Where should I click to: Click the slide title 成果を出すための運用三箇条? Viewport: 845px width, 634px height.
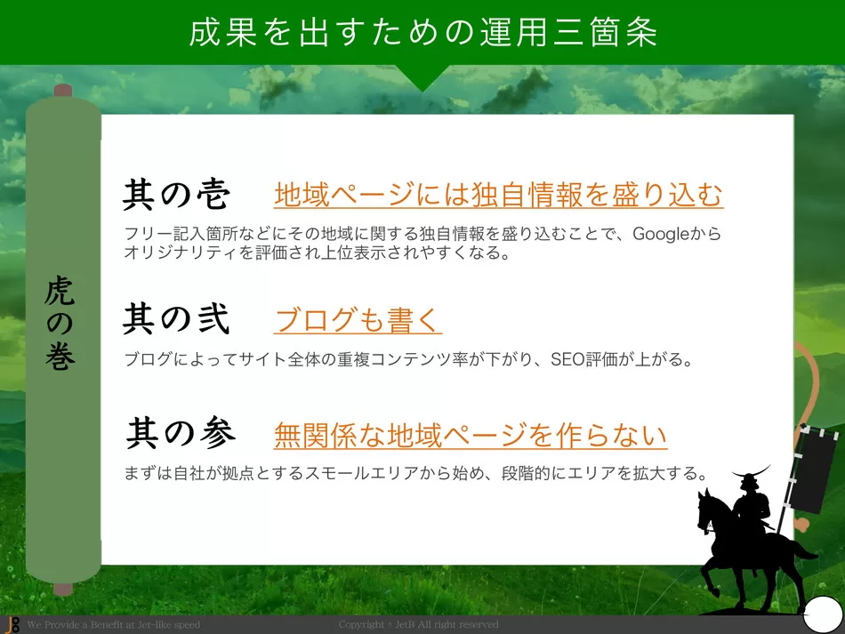point(423,32)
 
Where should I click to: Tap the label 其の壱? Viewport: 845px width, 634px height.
point(177,194)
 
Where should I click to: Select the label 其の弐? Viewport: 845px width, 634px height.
point(177,318)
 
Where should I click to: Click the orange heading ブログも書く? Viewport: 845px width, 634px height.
point(358,320)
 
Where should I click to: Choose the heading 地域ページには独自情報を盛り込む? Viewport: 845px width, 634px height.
point(498,195)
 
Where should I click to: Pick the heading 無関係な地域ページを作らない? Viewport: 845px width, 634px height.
point(471,435)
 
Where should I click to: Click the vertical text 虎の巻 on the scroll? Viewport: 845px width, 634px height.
point(60,323)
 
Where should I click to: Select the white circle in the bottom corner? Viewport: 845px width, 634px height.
point(823,614)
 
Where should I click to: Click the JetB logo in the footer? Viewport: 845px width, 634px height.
point(12,625)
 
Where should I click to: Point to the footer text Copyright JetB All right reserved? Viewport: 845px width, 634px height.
point(418,625)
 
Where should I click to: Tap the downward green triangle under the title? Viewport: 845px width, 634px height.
point(423,76)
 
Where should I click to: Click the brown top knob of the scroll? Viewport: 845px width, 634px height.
point(63,91)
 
